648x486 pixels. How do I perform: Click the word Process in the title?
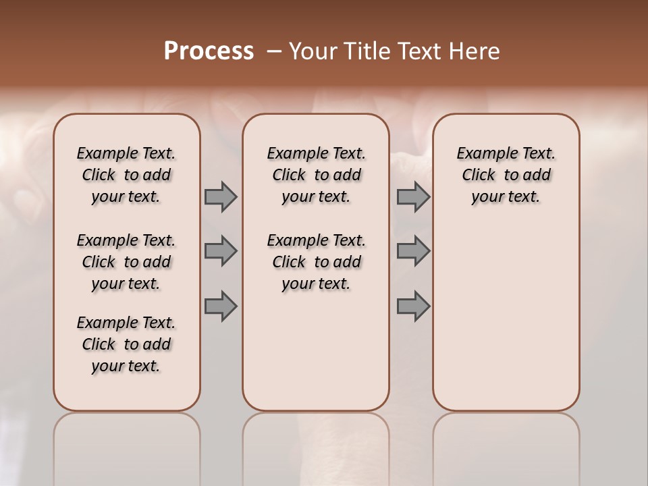[209, 51]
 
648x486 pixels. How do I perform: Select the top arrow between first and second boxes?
[221, 196]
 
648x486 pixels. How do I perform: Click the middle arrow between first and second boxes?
[221, 251]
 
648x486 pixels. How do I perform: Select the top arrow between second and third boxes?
[413, 196]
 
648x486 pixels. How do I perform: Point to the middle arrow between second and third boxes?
[413, 251]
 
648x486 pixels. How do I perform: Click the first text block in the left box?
[126, 175]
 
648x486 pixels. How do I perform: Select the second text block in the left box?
[126, 262]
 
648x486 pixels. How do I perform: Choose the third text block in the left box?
[126, 344]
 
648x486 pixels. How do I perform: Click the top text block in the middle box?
[316, 175]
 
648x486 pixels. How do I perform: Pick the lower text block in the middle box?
[316, 262]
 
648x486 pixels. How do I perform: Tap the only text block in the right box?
[506, 175]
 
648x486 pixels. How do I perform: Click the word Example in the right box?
[483, 154]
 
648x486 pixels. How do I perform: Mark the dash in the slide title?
[274, 52]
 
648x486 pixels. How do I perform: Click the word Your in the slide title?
[312, 51]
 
